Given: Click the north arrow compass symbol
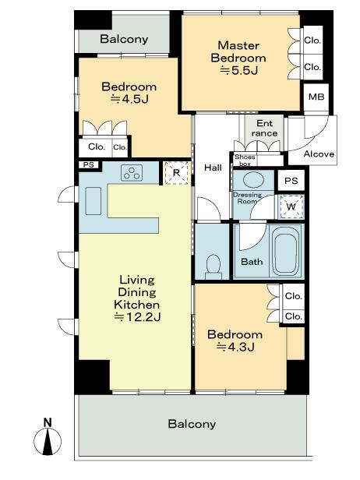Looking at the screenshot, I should pyautogui.click(x=48, y=439).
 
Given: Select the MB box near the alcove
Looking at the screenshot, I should pyautogui.click(x=315, y=97).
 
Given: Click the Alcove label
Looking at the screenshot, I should pyautogui.click(x=319, y=154).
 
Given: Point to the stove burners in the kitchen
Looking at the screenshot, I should pyautogui.click(x=132, y=175).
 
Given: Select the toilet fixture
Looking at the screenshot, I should pyautogui.click(x=210, y=266).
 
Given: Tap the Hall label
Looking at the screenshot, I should pyautogui.click(x=214, y=168).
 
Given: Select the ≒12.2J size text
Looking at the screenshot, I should pyautogui.click(x=137, y=317).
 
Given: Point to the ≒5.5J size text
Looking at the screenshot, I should pyautogui.click(x=242, y=70).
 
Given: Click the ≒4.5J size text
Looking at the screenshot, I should pyautogui.click(x=129, y=99).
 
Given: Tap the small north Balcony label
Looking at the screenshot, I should pyautogui.click(x=124, y=39).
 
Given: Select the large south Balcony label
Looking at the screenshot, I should pyautogui.click(x=192, y=424).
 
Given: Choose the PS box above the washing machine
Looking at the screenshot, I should pyautogui.click(x=291, y=181).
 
